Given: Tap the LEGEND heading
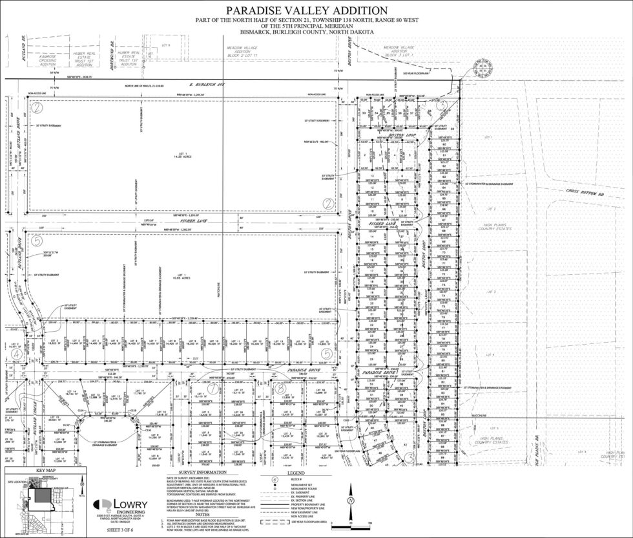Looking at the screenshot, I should pos(285,473).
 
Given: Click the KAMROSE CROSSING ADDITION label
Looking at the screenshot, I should pos(48,59).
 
